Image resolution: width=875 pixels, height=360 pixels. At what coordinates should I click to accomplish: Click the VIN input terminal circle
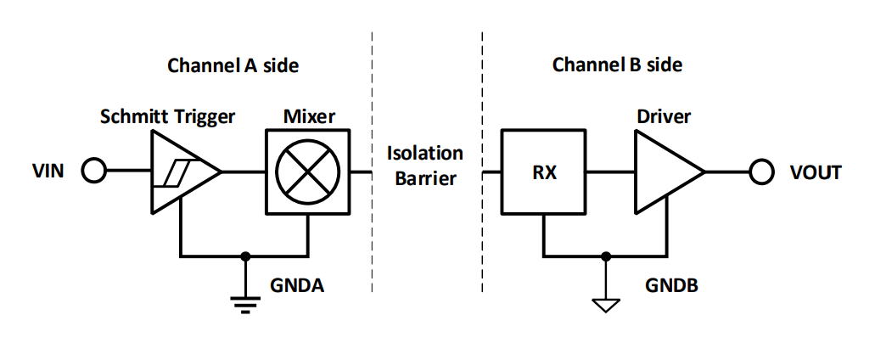pyautogui.click(x=93, y=172)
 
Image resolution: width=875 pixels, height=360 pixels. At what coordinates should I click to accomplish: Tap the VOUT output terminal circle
pyautogui.click(x=761, y=172)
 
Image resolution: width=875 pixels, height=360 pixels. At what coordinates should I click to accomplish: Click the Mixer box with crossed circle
pyautogui.click(x=306, y=172)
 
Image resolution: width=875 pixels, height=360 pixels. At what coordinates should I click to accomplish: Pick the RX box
pyautogui.click(x=543, y=172)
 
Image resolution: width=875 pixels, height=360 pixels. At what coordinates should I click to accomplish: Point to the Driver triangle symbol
pyautogui.click(x=665, y=172)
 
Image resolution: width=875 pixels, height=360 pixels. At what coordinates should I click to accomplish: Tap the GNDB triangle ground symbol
pyautogui.click(x=604, y=302)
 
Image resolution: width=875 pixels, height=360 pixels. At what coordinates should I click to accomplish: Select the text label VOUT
pyautogui.click(x=814, y=172)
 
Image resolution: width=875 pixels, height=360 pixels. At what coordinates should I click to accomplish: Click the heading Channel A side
pyautogui.click(x=233, y=65)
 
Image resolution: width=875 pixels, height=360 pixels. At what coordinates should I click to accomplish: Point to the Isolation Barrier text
pyautogui.click(x=425, y=166)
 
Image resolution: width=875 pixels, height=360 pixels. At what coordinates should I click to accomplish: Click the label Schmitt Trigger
pyautogui.click(x=167, y=116)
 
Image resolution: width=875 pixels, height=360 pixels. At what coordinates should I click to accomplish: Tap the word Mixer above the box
pyautogui.click(x=306, y=116)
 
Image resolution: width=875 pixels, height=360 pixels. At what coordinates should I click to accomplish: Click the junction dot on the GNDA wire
pyautogui.click(x=245, y=255)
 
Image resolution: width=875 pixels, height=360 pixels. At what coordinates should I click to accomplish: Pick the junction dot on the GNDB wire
pyautogui.click(x=604, y=255)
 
